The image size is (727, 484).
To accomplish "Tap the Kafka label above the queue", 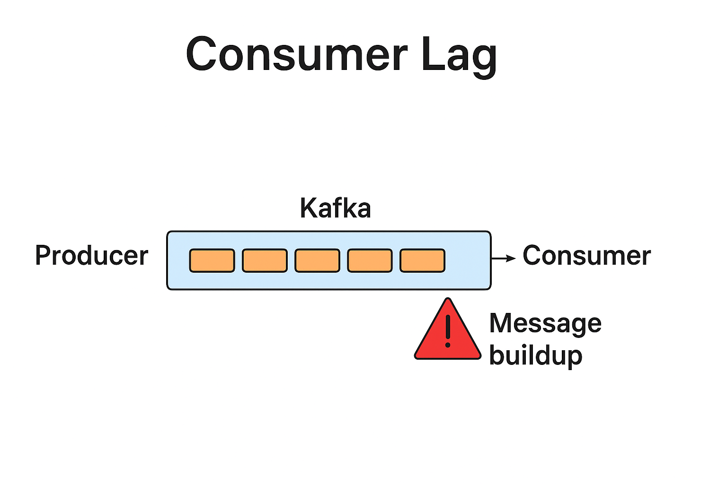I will tap(335, 208).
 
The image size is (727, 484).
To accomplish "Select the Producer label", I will tap(92, 256).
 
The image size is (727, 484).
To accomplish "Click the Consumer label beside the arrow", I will tap(586, 256).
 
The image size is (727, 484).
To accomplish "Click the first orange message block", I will tap(212, 260).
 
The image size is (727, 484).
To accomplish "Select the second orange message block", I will tap(265, 260).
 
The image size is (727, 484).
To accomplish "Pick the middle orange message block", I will tap(317, 260).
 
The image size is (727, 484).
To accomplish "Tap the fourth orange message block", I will tap(370, 260).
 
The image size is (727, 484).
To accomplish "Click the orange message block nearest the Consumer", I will tap(422, 260).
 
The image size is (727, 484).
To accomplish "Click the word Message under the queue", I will tap(545, 324).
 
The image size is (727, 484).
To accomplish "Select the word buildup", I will tap(535, 355).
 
